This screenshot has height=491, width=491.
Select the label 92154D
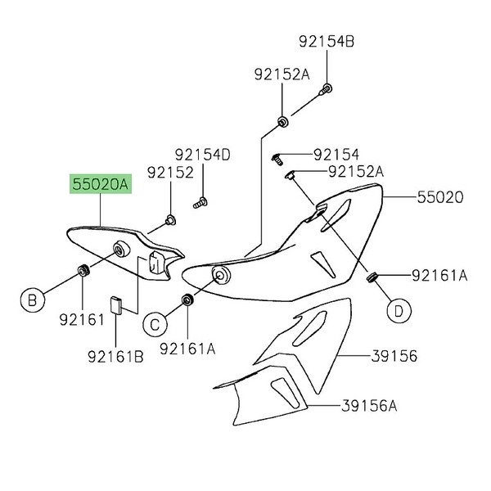202,155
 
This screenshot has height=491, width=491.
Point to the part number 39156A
368,405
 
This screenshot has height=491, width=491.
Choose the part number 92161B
116,355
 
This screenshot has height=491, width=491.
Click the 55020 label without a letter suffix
439,198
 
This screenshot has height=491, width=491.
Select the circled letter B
32,300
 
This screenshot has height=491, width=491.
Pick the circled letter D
398,310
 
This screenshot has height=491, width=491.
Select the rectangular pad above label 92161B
116,305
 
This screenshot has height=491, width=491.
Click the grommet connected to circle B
83,271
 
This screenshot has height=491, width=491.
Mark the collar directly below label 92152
170,219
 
